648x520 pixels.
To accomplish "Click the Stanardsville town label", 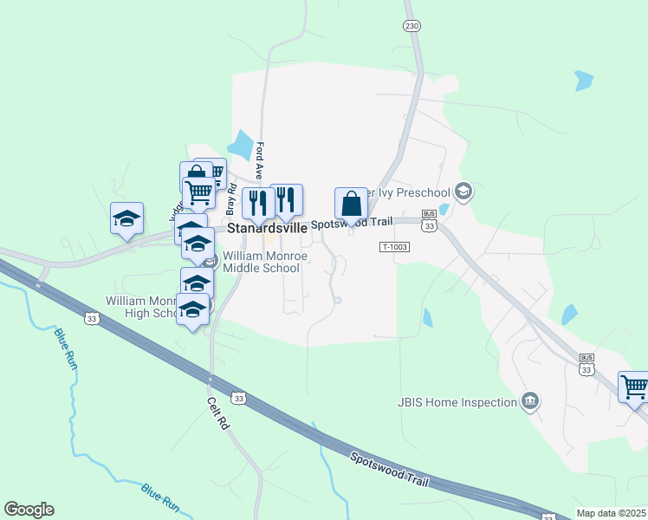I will pyautogui.click(x=267, y=228).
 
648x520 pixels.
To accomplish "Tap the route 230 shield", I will pyautogui.click(x=411, y=26).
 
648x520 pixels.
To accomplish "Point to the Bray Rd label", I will pyautogui.click(x=231, y=201).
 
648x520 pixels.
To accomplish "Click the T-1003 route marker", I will pyautogui.click(x=393, y=247).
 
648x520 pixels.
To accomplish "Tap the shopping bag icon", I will pyautogui.click(x=352, y=205).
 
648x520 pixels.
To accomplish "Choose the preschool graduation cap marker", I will pyautogui.click(x=463, y=192).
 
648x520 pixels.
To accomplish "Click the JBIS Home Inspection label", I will pyautogui.click(x=457, y=401).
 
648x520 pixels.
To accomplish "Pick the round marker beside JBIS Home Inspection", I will pyautogui.click(x=530, y=401).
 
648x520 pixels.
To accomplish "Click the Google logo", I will pyautogui.click(x=29, y=510).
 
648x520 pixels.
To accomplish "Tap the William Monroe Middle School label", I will pyautogui.click(x=261, y=263).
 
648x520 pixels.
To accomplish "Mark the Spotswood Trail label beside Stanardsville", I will pyautogui.click(x=347, y=224).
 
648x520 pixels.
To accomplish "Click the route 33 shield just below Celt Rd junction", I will pyautogui.click(x=240, y=398).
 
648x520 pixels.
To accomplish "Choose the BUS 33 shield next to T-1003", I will pyautogui.click(x=429, y=220).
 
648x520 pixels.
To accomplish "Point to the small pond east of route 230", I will pyautogui.click(x=584, y=81).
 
